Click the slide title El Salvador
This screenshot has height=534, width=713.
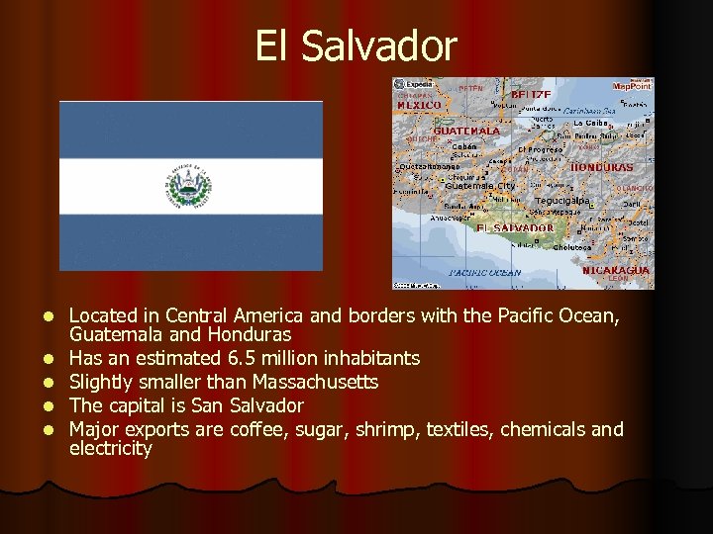pyautogui.click(x=356, y=45)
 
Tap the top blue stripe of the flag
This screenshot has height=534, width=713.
pyautogui.click(x=191, y=129)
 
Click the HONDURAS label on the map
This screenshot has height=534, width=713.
pyautogui.click(x=602, y=167)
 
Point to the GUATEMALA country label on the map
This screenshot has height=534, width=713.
pyautogui.click(x=466, y=131)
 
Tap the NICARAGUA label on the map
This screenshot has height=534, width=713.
pyautogui.click(x=615, y=270)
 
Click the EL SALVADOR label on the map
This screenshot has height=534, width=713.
pyautogui.click(x=515, y=227)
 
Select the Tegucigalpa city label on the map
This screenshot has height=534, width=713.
pyautogui.click(x=561, y=200)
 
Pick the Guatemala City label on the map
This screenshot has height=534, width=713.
pyautogui.click(x=480, y=186)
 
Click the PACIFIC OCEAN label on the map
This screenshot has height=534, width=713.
pyautogui.click(x=485, y=272)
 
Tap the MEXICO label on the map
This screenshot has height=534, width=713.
pyautogui.click(x=419, y=105)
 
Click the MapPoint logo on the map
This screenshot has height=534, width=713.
pyautogui.click(x=632, y=86)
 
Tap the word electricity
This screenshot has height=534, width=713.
pyautogui.click(x=111, y=449)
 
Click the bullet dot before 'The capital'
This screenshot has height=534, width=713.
pyautogui.click(x=47, y=406)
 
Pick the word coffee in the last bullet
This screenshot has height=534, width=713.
pyautogui.click(x=256, y=429)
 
